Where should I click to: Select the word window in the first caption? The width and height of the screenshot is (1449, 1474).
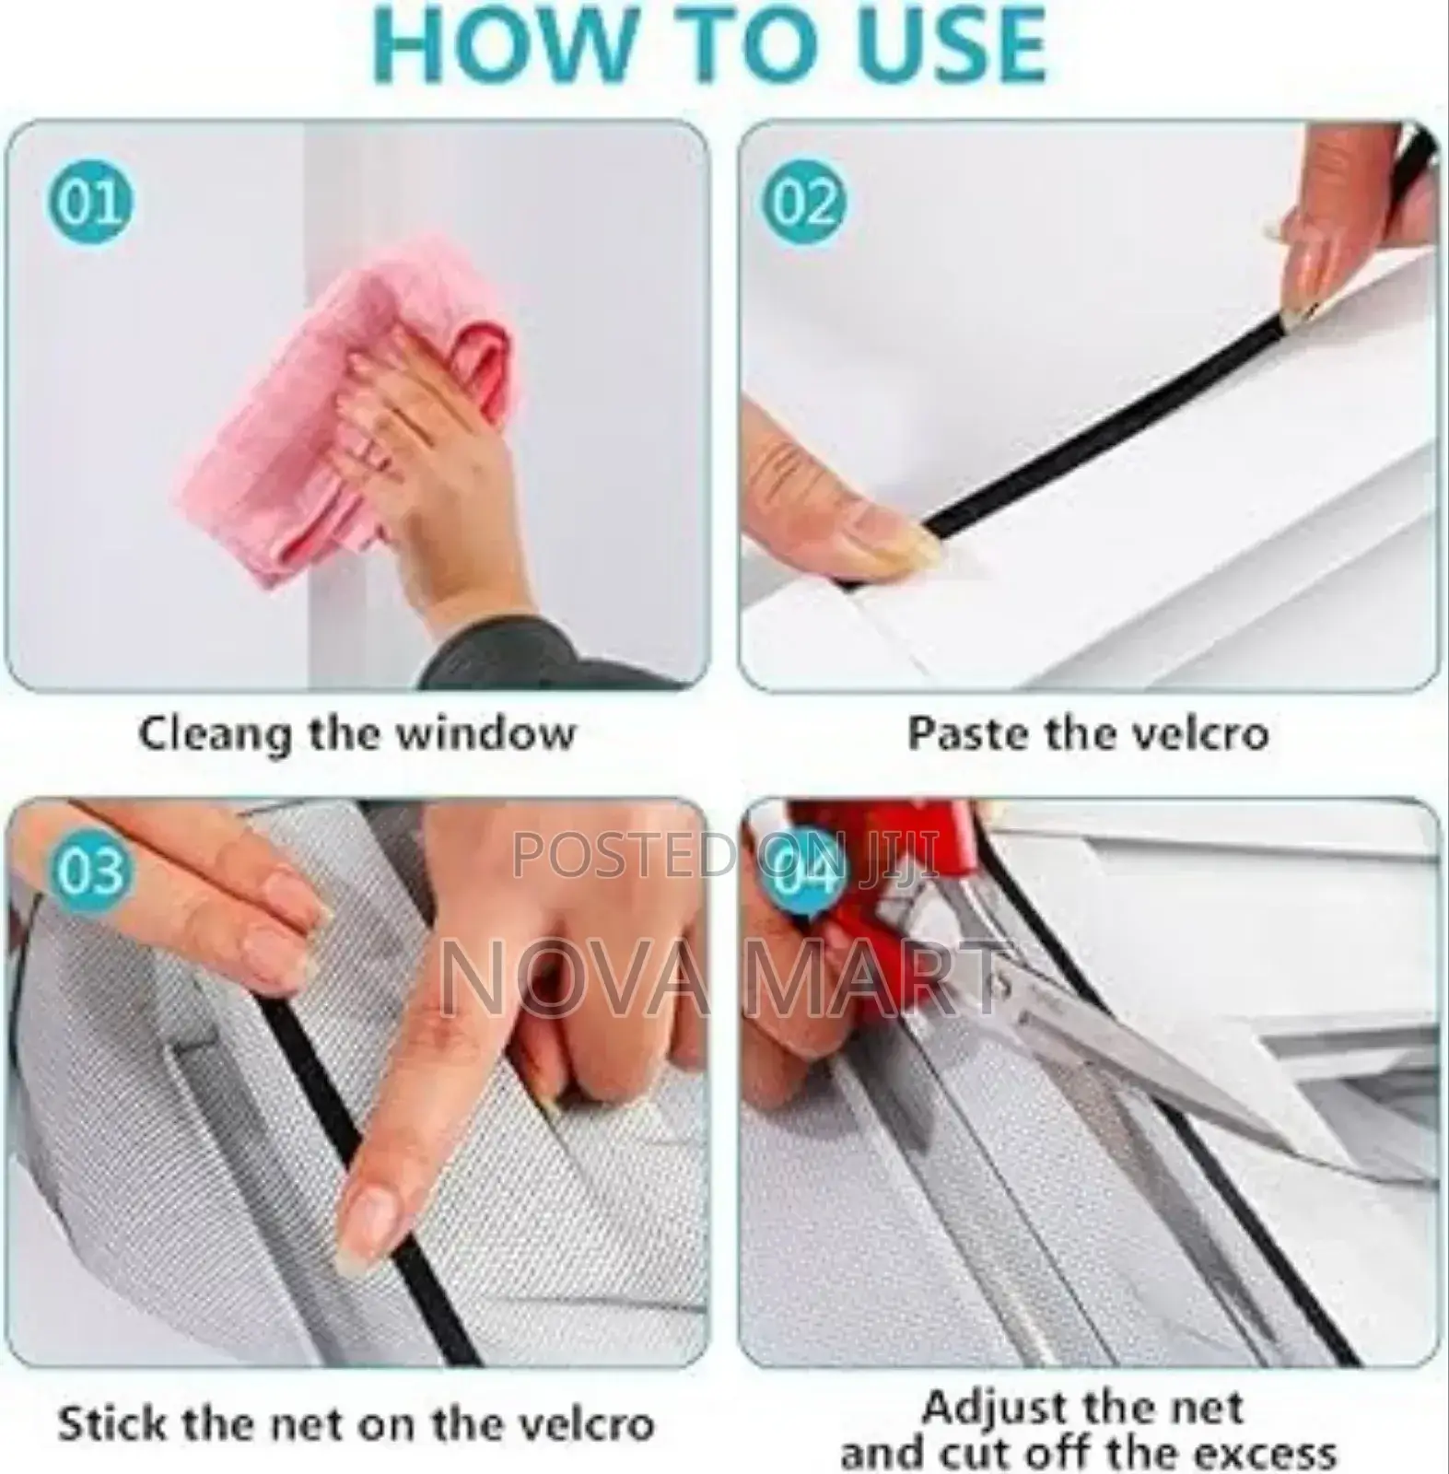485,734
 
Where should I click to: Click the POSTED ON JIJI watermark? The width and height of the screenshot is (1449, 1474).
724,854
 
